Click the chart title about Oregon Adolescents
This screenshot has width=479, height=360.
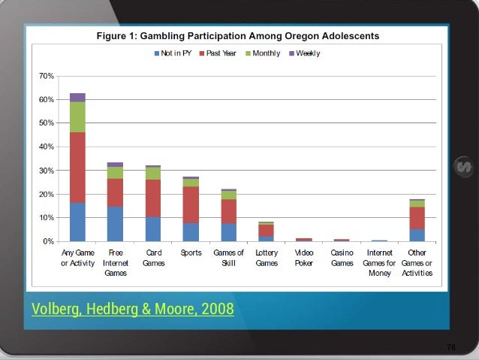tap(237, 36)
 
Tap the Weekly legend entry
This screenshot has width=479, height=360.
tap(306, 53)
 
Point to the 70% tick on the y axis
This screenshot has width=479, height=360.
tap(46, 76)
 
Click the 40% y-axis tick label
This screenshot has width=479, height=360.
tap(46, 147)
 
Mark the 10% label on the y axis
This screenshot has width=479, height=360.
tap(46, 218)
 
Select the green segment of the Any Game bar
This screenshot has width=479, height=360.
tap(77, 116)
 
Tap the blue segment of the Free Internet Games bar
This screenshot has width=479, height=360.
tap(115, 224)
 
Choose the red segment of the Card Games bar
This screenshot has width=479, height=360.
tap(153, 198)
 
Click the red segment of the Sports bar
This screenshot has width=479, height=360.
tap(191, 204)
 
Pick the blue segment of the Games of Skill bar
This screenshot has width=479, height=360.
tap(228, 232)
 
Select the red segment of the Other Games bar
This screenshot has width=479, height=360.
tap(417, 218)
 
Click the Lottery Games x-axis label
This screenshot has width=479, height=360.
tap(267, 258)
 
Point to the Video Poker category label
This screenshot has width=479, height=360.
tap(304, 258)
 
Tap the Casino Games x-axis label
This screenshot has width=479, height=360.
tap(342, 258)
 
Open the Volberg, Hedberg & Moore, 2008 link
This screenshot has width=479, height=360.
tap(132, 309)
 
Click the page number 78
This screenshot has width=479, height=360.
tap(450, 347)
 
